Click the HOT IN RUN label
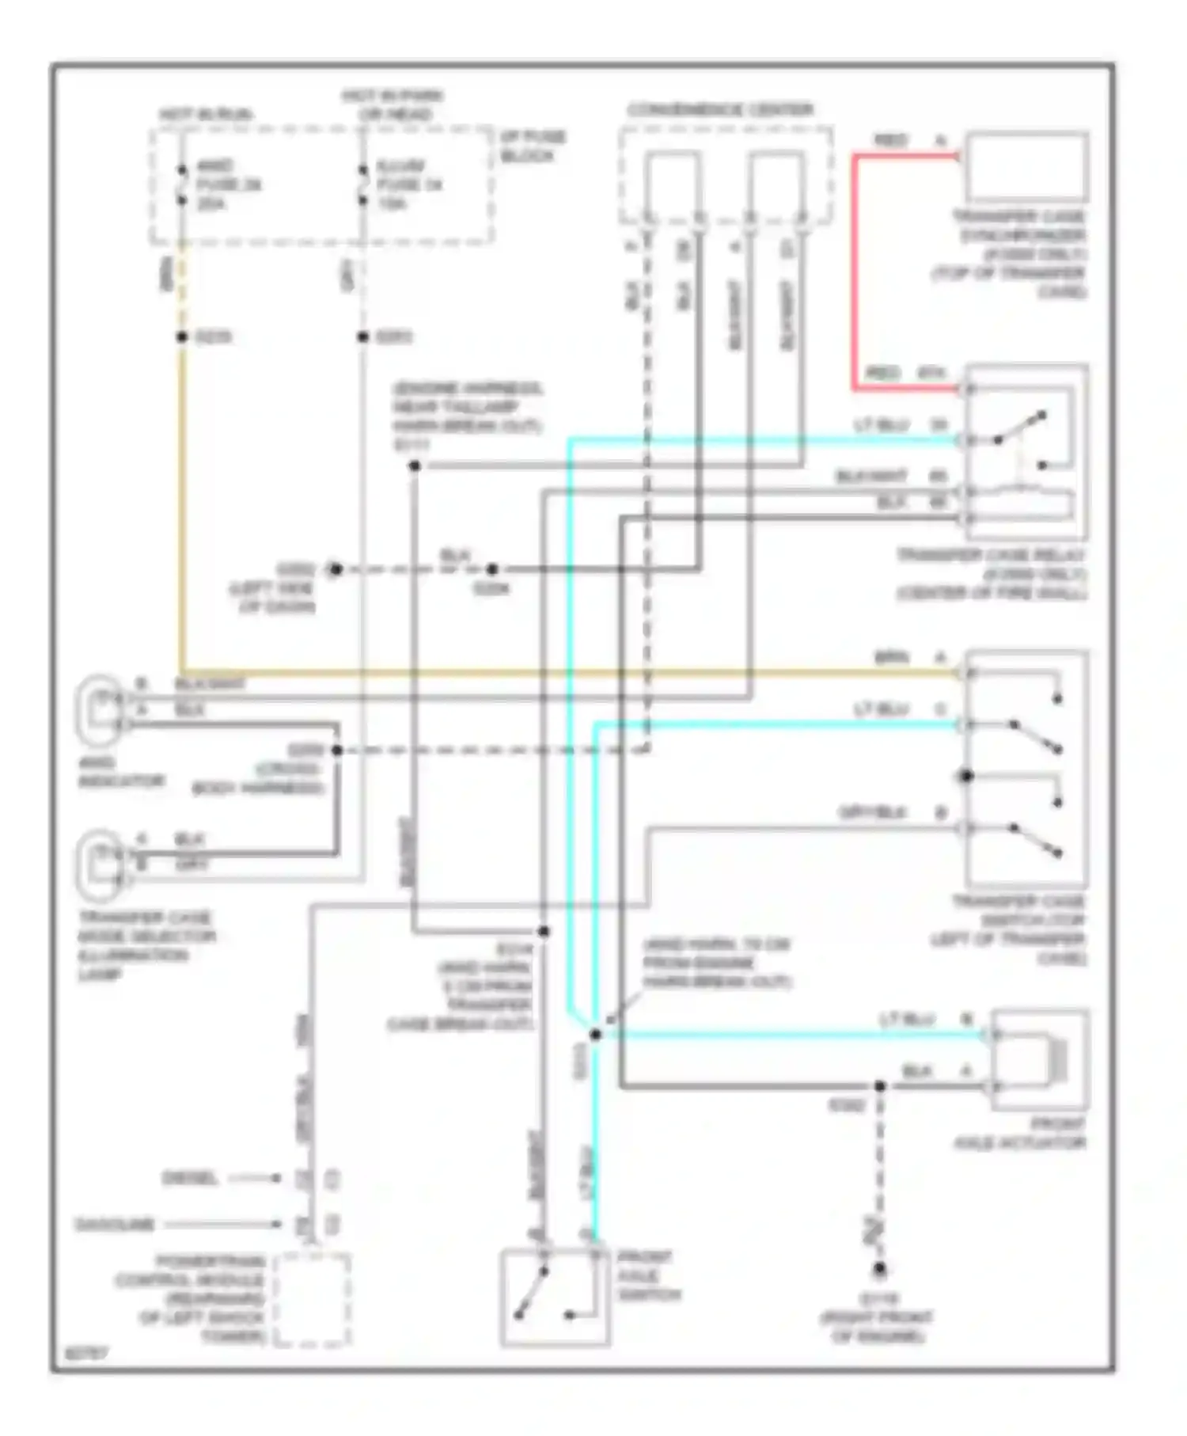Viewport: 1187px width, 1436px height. (206, 115)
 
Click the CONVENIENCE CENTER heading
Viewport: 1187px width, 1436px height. (720, 110)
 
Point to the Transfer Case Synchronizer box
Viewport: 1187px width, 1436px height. (1026, 167)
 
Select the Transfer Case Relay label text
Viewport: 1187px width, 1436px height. (992, 574)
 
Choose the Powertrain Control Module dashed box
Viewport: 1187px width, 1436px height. (313, 1299)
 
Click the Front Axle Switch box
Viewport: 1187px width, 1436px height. (555, 1297)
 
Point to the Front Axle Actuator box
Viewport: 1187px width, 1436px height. (1039, 1059)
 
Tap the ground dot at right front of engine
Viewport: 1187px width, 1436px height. (879, 1270)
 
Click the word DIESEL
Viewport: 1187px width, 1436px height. (189, 1179)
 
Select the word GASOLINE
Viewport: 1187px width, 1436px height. (115, 1225)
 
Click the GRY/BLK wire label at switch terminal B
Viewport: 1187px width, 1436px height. (873, 813)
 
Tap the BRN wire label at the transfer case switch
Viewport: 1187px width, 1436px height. (891, 658)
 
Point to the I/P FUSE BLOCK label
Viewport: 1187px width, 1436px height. (533, 146)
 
